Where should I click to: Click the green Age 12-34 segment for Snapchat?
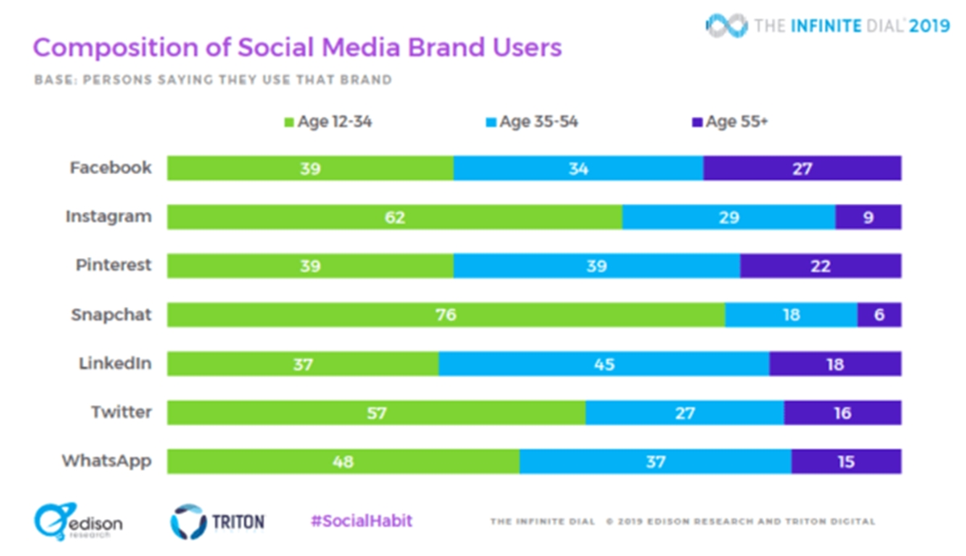click(445, 314)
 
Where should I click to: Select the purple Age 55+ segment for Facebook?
click(802, 168)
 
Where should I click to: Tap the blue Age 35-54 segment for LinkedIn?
click(604, 363)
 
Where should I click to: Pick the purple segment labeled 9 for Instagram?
click(868, 217)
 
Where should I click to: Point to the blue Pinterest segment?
click(597, 266)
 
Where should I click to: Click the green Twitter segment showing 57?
click(376, 413)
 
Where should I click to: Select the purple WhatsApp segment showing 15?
click(845, 462)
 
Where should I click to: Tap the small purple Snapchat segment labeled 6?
click(879, 314)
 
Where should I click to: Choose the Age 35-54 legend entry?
click(530, 122)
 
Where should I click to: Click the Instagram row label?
click(108, 217)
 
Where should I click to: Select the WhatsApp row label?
click(106, 462)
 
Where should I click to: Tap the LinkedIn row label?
click(114, 363)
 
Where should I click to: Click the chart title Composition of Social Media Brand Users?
click(297, 48)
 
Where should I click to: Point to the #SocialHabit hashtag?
click(361, 521)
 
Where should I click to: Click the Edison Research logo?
click(78, 522)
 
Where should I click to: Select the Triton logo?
click(217, 522)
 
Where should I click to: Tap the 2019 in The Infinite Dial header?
click(930, 26)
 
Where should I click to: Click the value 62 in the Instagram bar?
click(394, 217)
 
